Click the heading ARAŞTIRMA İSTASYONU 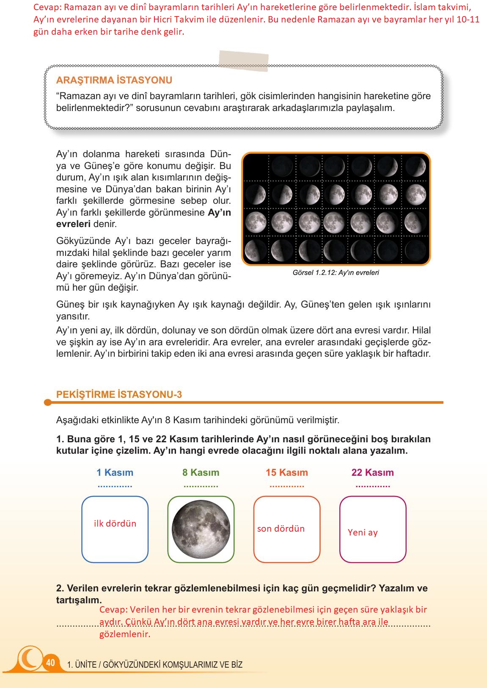click(114, 80)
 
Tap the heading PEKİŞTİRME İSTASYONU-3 click(119, 394)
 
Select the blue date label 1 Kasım click(115, 472)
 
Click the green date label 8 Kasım click(201, 472)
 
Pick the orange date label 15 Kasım click(287, 472)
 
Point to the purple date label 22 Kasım click(372, 472)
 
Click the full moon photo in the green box click(201, 529)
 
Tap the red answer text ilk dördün click(115, 524)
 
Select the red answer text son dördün click(281, 529)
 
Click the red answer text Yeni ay click(363, 533)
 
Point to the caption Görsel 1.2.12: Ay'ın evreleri click(336, 273)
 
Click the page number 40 click(50, 663)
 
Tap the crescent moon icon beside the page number click(30, 658)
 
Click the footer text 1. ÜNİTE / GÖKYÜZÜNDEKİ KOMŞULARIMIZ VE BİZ click(155, 665)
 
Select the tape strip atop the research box click(243, 61)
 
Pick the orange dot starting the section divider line click(48, 402)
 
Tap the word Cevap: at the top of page click(48, 7)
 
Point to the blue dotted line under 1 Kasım click(115, 486)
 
